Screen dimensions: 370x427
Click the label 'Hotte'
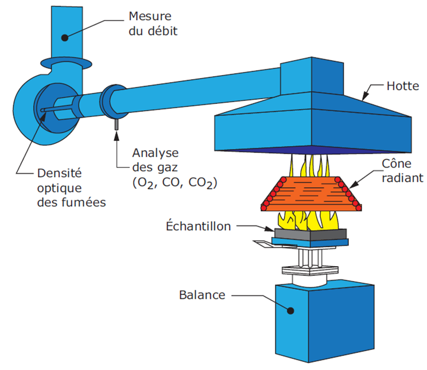403,87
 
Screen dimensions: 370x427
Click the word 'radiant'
399,177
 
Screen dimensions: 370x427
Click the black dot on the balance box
291,311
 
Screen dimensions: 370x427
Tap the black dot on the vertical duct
65,37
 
